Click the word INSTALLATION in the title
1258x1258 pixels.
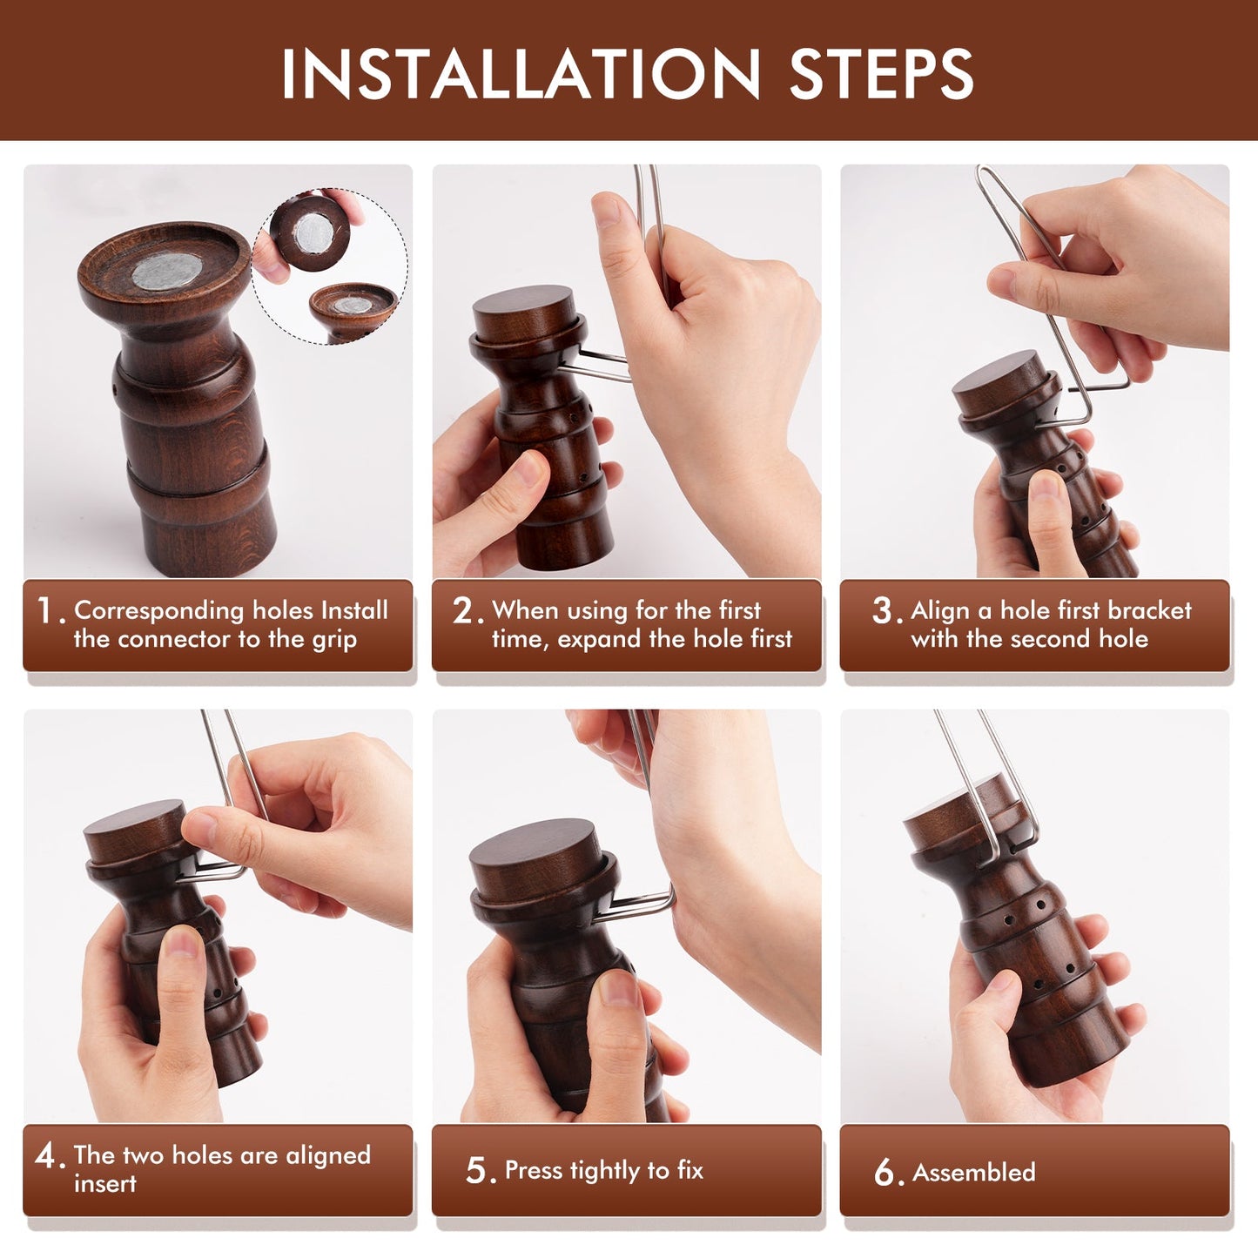[x=520, y=75]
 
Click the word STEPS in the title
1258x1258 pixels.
[x=880, y=75]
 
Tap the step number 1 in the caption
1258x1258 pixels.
[x=46, y=611]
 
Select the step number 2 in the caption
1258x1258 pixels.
[x=464, y=611]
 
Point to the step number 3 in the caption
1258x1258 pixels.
[x=883, y=611]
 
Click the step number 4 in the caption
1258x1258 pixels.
[x=46, y=1156]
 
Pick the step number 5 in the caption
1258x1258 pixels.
[x=477, y=1171]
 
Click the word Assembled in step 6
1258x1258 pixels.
[x=973, y=1173]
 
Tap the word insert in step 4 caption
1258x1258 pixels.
[x=104, y=1184]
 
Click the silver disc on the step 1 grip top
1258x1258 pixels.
[x=168, y=272]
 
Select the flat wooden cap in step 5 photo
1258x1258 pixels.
[x=533, y=858]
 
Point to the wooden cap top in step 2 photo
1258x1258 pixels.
[x=522, y=311]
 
